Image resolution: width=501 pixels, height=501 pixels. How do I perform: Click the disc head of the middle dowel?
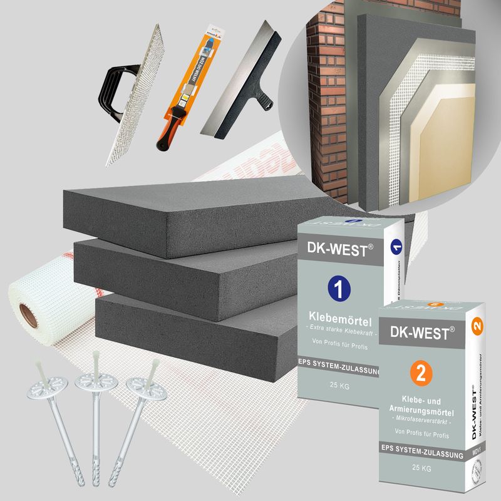click(x=91, y=381)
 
